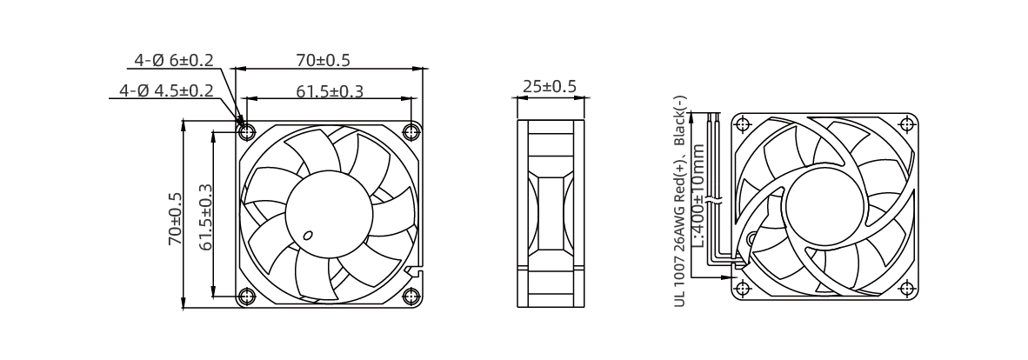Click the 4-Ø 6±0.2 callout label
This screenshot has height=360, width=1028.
pyautogui.click(x=174, y=60)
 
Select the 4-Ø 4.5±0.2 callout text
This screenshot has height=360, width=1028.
pyautogui.click(x=166, y=90)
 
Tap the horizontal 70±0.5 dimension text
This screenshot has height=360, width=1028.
pyautogui.click(x=324, y=60)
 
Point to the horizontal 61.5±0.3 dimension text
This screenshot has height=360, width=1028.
pyautogui.click(x=329, y=91)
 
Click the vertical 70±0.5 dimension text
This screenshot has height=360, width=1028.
pyautogui.click(x=176, y=219)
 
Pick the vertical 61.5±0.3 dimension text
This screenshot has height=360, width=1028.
pyautogui.click(x=206, y=217)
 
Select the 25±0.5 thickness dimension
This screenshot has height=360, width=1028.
pyautogui.click(x=550, y=86)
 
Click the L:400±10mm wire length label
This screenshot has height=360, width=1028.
pyautogui.click(x=698, y=196)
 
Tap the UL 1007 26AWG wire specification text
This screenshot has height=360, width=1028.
pyautogui.click(x=680, y=202)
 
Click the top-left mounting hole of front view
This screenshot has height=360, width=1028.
pyautogui.click(x=247, y=132)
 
